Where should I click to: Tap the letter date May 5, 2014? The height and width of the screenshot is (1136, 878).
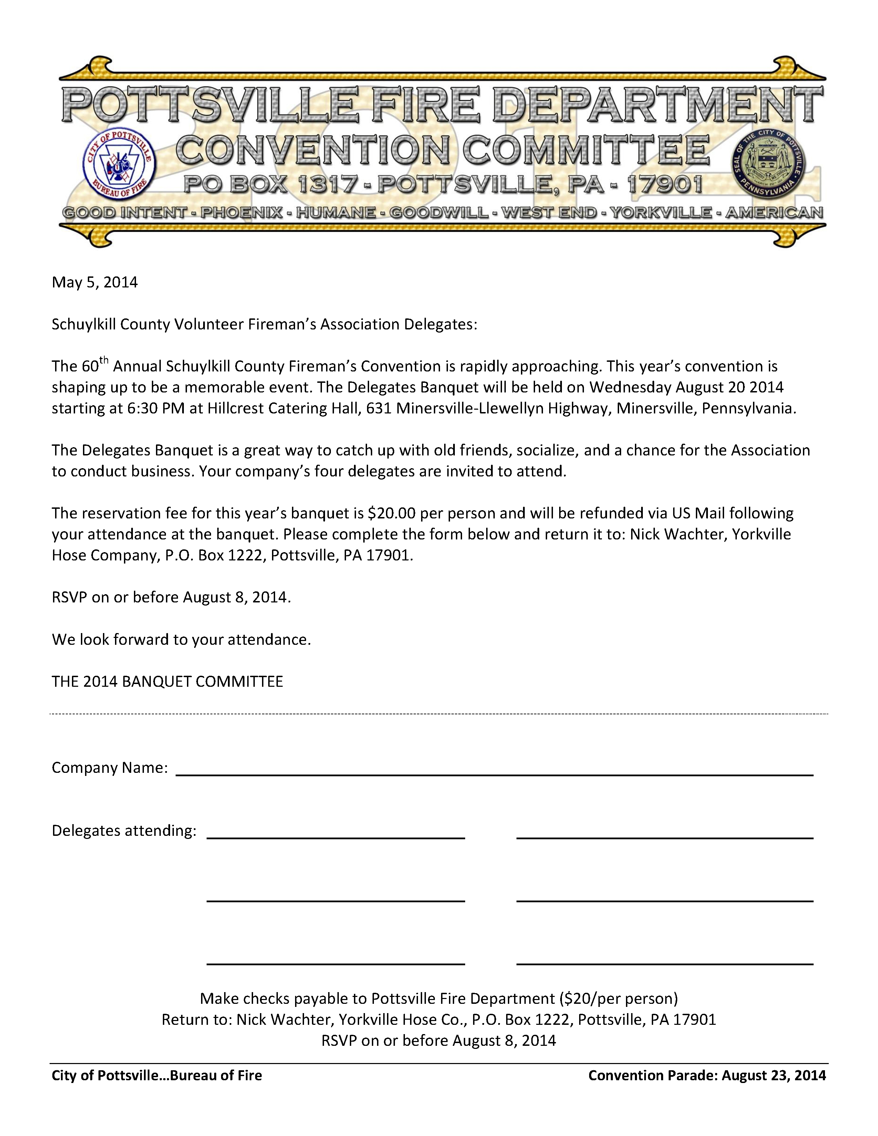95,282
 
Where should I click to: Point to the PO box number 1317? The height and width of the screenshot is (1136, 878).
323,185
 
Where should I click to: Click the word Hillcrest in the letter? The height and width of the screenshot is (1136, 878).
238,408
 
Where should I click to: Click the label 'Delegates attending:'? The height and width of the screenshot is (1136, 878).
124,831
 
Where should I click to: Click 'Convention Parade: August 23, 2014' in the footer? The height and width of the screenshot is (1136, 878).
707,1075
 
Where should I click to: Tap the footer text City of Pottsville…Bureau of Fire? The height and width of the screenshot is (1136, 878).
157,1075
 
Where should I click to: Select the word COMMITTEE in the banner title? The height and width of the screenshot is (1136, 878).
586,150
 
